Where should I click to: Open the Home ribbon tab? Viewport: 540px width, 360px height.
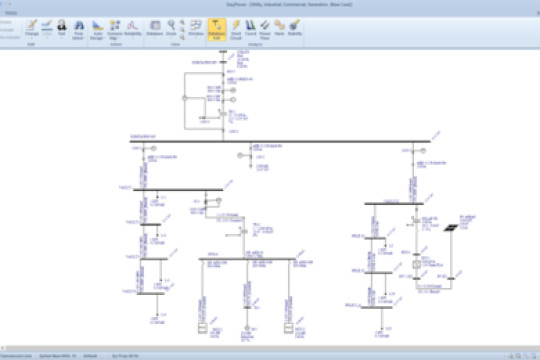(x=12, y=12)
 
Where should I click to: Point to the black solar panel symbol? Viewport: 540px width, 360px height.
(x=451, y=228)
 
